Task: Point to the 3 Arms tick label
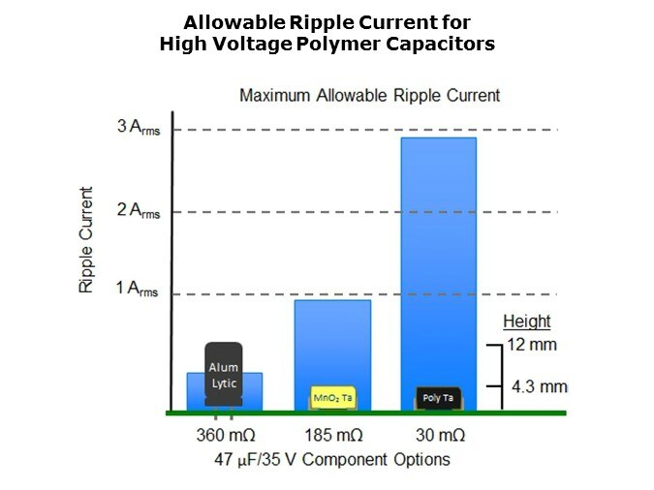pyautogui.click(x=138, y=128)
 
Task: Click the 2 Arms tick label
pyautogui.click(x=138, y=211)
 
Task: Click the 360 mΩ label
pyautogui.click(x=224, y=435)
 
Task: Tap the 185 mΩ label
pyautogui.click(x=332, y=435)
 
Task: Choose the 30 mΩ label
pyautogui.click(x=438, y=435)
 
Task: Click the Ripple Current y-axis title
pyautogui.click(x=87, y=239)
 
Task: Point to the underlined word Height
pyautogui.click(x=526, y=322)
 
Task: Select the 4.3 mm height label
pyautogui.click(x=540, y=387)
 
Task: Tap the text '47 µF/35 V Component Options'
pyautogui.click(x=331, y=458)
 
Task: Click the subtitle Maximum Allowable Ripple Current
pyautogui.click(x=369, y=95)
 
